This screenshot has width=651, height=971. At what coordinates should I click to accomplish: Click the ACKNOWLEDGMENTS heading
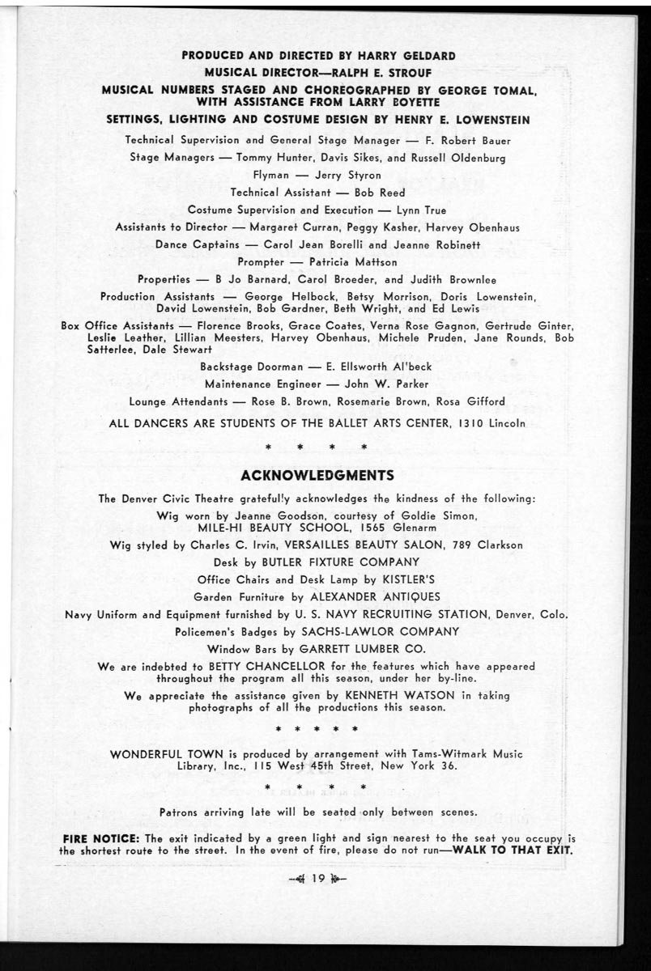(x=317, y=474)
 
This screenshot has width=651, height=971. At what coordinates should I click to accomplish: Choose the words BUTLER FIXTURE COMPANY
(x=350, y=562)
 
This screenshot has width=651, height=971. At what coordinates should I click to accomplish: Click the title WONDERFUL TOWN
(x=166, y=754)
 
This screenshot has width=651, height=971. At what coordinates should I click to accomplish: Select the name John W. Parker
(x=386, y=384)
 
